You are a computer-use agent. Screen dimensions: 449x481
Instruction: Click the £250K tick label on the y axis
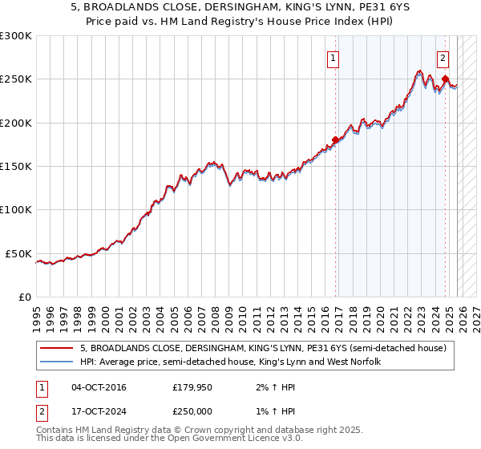[x=16, y=79]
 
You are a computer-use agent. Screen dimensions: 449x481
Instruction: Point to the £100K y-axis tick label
[x=16, y=210]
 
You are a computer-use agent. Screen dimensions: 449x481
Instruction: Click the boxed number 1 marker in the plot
[x=333, y=57]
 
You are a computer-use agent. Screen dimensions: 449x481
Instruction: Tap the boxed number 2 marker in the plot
[x=443, y=57]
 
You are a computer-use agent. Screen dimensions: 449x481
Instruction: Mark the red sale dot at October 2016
[x=335, y=140]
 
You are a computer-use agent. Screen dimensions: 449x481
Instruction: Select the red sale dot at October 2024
[x=446, y=79]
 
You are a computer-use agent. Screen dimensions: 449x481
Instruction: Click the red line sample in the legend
[x=56, y=348]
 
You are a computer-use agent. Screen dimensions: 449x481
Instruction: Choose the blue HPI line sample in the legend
[x=56, y=362]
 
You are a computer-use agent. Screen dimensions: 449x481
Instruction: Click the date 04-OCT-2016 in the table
[x=99, y=387]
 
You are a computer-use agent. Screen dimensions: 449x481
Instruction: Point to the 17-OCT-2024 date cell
[x=99, y=411]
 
